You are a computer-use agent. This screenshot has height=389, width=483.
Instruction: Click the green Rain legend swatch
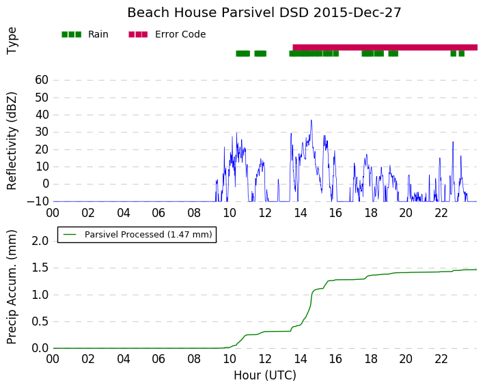pos(72,35)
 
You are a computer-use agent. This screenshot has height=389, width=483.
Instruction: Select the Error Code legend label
pos(180,34)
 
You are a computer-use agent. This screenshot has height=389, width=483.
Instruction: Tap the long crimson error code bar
pos(385,47)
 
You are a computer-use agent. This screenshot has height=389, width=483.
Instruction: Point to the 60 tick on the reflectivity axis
pos(42,80)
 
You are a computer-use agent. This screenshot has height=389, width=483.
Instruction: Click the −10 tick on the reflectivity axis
pos(38,201)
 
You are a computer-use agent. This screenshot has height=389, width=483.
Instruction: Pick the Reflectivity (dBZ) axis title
pos(12,141)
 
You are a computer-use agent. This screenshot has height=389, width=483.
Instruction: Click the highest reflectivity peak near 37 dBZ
pos(311,120)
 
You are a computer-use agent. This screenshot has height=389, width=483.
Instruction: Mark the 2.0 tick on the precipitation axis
pos(40,241)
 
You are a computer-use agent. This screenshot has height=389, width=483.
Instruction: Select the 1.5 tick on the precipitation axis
pos(40,268)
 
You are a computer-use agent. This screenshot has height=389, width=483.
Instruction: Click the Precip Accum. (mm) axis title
pos(12,287)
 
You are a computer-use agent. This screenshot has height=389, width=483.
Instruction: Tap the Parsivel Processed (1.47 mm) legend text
pos(148,235)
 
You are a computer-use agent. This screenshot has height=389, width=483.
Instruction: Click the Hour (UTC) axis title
pos(265,375)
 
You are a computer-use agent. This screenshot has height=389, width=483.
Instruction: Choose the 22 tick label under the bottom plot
pos(441,359)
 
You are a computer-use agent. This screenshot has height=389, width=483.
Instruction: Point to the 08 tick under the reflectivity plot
pos(194,213)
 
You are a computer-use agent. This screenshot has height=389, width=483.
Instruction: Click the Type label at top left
pos(12,41)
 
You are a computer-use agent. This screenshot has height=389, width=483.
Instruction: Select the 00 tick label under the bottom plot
pos(53,359)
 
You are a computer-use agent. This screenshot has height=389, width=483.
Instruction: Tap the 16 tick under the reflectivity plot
pos(335,213)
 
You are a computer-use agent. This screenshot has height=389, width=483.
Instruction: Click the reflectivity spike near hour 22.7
pos(453,142)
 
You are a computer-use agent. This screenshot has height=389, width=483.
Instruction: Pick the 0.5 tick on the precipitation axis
pos(40,321)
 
